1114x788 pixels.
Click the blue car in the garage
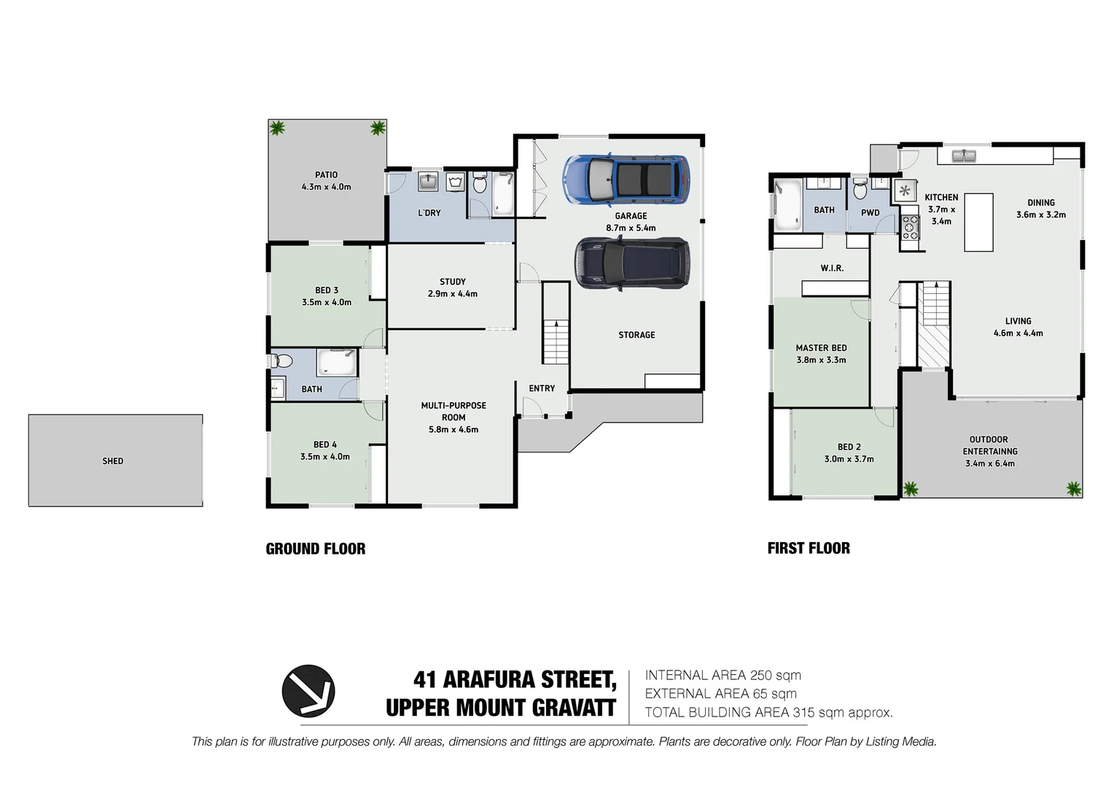626,180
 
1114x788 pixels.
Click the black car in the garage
632,263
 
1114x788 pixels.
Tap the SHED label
113,461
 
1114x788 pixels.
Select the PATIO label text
326,175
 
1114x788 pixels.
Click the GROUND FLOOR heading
315,549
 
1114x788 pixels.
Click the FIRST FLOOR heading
809,548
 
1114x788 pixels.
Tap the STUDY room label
452,282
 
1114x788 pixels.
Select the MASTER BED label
821,348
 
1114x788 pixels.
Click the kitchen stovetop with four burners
910,228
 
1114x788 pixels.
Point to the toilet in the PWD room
860,192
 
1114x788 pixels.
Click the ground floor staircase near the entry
556,342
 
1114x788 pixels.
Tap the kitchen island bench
978,222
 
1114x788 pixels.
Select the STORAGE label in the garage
636,335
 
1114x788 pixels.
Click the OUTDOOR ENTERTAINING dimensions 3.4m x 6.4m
989,463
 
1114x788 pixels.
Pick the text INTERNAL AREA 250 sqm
722,676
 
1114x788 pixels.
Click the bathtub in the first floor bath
787,198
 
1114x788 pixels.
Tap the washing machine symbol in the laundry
455,182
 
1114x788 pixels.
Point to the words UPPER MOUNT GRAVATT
501,708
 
